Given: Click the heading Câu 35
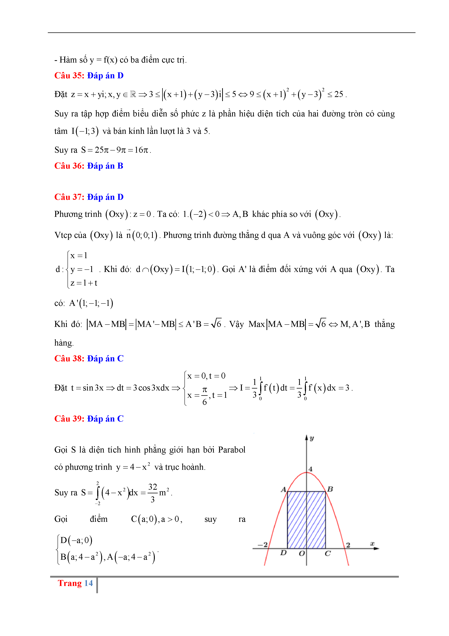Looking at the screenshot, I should tap(69, 76).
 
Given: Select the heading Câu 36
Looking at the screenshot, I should tap(69, 166).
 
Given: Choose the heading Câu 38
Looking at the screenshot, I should tap(69, 359).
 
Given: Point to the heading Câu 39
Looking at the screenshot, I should tap(69, 419).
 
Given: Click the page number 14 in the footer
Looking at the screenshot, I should tap(89, 583).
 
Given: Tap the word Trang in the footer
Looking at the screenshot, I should tap(70, 583).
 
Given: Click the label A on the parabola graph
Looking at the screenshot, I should tap(283, 490).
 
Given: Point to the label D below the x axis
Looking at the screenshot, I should tap(283, 553).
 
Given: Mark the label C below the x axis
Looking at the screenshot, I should tap(328, 554).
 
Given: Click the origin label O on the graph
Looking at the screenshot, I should tap(302, 554).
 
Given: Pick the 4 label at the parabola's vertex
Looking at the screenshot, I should tap(310, 469).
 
